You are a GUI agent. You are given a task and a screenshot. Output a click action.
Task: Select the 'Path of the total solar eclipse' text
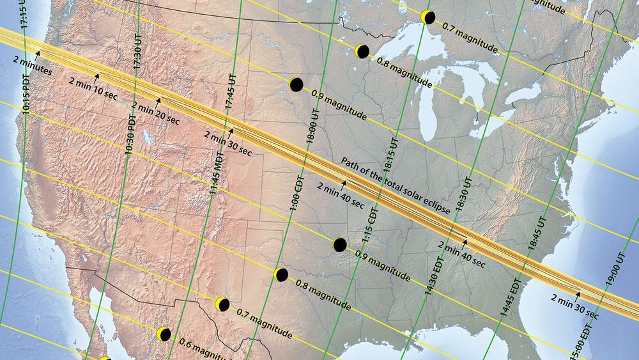click(397, 185)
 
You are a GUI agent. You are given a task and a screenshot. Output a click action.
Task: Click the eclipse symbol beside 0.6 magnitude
click(164, 334)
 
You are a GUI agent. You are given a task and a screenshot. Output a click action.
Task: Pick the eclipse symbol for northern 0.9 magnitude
click(295, 84)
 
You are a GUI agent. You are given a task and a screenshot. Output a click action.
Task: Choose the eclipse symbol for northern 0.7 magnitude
click(428, 17)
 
